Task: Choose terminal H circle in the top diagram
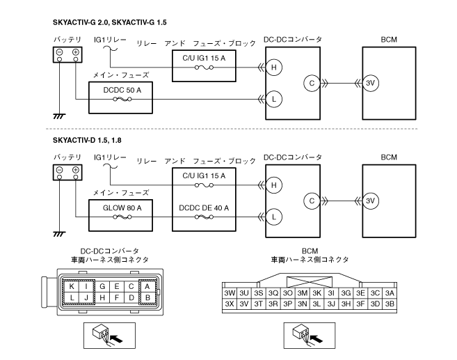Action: pos(275,67)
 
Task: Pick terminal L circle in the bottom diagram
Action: pos(275,217)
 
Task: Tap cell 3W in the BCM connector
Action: pos(229,292)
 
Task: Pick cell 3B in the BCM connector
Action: pos(390,304)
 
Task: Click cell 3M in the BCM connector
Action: pos(302,292)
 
